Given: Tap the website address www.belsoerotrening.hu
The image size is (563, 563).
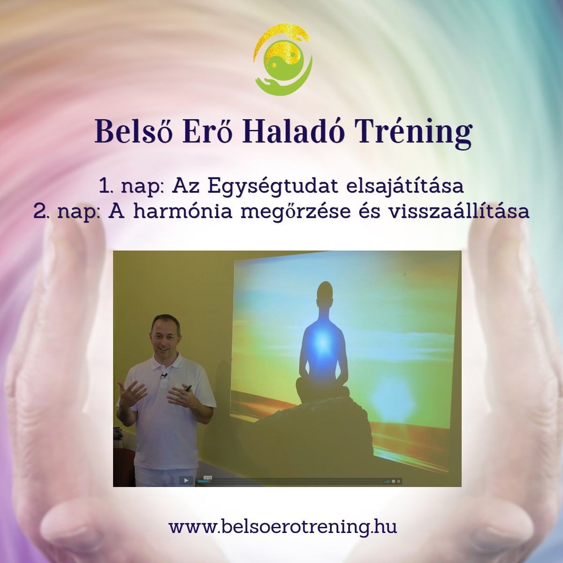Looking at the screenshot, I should pyautogui.click(x=283, y=526).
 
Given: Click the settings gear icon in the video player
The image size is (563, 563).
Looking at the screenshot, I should pyautogui.click(x=394, y=481).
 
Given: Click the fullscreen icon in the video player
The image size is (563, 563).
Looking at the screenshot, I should pyautogui.click(x=400, y=481).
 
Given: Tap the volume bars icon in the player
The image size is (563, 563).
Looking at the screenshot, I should pyautogui.click(x=387, y=481).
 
